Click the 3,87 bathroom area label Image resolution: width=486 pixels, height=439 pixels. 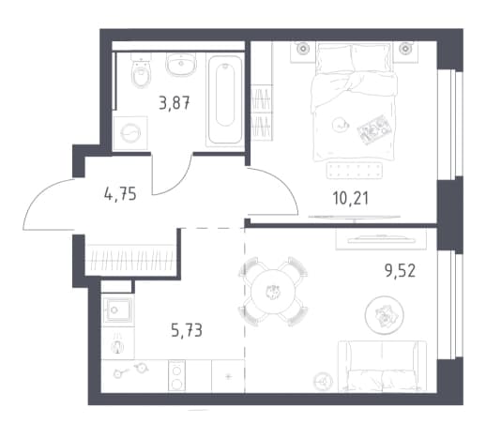[175, 103]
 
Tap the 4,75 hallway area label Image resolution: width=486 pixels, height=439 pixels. [120, 194]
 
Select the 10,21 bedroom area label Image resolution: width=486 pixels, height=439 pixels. [351, 198]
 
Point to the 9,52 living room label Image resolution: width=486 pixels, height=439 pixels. [400, 270]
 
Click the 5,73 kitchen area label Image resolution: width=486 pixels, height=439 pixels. [187, 330]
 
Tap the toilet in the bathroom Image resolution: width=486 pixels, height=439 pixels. [141, 70]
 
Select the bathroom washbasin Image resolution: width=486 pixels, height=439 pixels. [181, 64]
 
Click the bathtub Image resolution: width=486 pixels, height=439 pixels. [224, 100]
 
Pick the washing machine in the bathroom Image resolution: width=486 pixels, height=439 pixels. [130, 133]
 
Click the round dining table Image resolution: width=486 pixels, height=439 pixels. [273, 292]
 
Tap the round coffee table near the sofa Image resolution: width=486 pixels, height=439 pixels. [385, 314]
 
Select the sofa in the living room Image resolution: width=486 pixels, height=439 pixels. [382, 366]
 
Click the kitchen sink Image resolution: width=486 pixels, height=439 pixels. [118, 310]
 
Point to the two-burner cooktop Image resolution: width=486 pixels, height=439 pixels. [176, 375]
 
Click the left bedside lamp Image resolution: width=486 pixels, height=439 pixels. [303, 49]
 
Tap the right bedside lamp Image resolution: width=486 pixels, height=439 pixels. [405, 49]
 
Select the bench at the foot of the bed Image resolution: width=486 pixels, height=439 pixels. [354, 171]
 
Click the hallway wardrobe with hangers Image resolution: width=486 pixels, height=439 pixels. [131, 260]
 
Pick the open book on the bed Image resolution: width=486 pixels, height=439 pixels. [372, 129]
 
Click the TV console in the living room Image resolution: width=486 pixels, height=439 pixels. [381, 239]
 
